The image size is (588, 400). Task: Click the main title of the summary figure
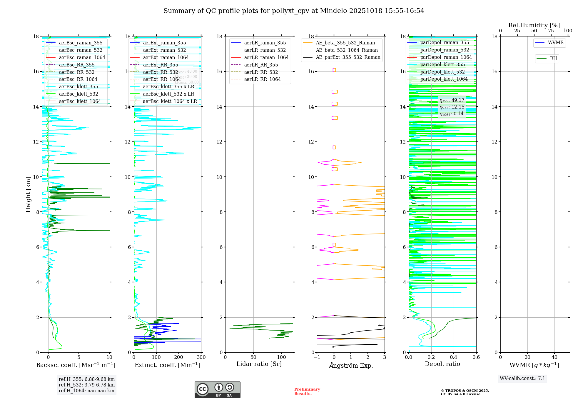(294, 11)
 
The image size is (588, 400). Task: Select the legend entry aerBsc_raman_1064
(82, 58)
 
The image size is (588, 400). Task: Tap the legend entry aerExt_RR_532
(160, 72)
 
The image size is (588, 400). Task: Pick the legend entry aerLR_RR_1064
(262, 79)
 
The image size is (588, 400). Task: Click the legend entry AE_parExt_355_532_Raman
(348, 57)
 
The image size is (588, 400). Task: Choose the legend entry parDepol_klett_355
(442, 65)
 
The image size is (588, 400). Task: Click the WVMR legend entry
(555, 43)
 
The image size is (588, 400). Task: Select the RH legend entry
(553, 59)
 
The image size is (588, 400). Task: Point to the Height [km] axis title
(28, 194)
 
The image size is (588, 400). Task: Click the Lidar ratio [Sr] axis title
(259, 364)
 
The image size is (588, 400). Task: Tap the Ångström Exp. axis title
(351, 365)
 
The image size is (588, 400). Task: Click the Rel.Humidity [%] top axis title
(534, 25)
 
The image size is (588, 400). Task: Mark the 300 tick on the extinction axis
(201, 357)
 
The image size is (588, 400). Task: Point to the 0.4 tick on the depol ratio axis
(454, 357)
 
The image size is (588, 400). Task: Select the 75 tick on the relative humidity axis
(551, 31)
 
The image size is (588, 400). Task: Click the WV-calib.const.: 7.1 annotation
(522, 379)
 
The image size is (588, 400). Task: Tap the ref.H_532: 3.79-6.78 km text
(87, 385)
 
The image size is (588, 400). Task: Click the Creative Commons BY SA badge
(217, 389)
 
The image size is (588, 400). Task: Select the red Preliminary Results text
(307, 391)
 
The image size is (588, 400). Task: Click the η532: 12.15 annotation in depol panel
(452, 107)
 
